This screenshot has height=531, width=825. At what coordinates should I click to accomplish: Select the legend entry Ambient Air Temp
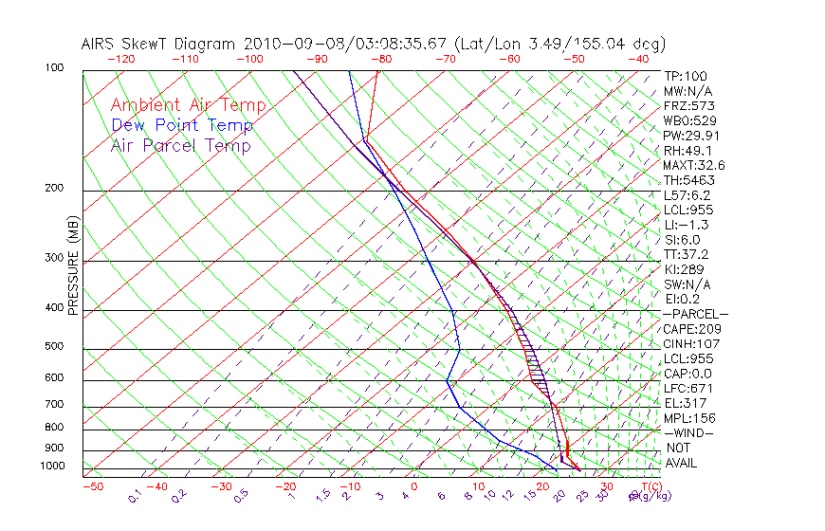point(188,105)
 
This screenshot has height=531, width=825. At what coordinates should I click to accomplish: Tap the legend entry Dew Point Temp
point(182,125)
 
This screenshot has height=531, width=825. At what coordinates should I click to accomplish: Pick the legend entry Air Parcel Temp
point(180,145)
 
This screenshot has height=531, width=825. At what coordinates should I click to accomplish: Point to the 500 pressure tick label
point(53,347)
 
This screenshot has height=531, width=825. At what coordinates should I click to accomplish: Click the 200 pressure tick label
point(53,189)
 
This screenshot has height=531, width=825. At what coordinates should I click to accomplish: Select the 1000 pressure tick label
point(50,467)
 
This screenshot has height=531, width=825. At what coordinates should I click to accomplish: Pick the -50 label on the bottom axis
point(92,486)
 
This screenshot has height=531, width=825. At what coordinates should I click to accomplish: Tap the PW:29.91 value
point(691,136)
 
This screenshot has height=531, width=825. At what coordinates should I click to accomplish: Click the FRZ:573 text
point(687,106)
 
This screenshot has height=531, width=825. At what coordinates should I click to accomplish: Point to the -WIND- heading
point(689,432)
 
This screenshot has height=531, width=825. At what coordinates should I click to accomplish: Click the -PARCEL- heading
point(695,314)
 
